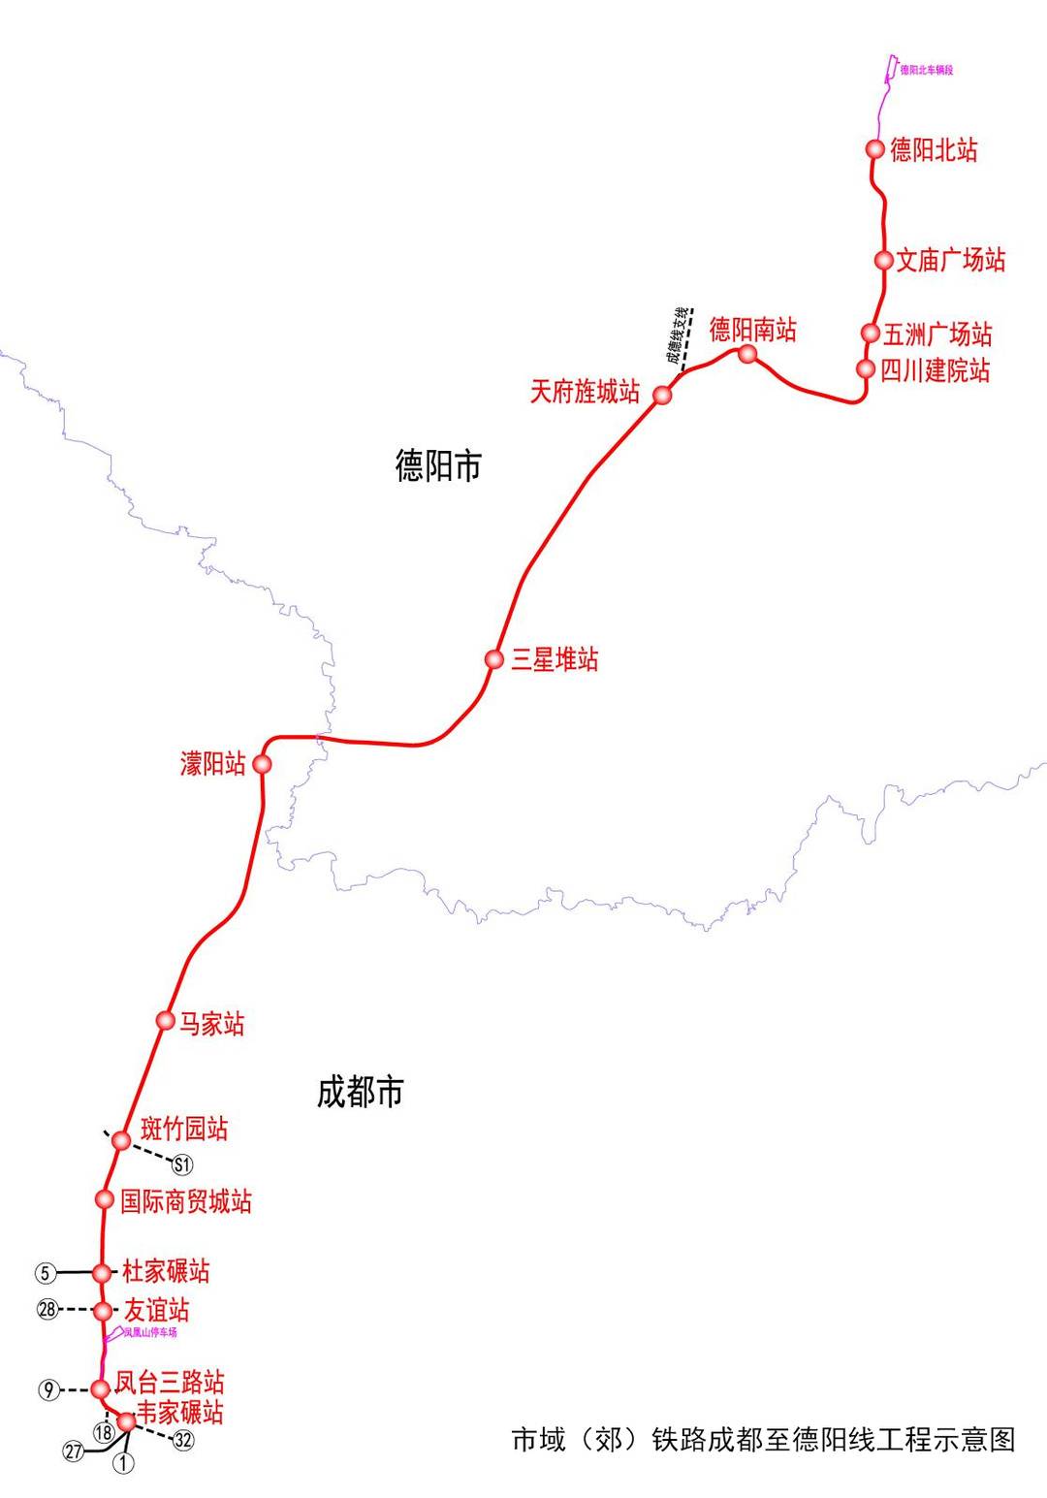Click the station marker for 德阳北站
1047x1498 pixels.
point(874,148)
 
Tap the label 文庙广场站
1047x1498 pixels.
point(950,260)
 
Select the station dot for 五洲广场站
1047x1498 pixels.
point(871,334)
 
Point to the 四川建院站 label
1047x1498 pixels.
point(935,369)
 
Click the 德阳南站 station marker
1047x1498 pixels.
point(747,354)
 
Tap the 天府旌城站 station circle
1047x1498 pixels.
point(662,395)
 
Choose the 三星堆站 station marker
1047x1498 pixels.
point(494,659)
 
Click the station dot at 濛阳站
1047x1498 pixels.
point(261,764)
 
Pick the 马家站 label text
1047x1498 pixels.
point(212,1023)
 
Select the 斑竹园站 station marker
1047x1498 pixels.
point(121,1139)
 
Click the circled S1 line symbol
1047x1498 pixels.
point(182,1164)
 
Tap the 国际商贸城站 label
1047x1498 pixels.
point(185,1201)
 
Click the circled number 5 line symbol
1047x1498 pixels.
point(46,1272)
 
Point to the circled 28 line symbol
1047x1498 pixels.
point(48,1310)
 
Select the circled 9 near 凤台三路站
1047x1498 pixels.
point(48,1389)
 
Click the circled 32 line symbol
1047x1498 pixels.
point(182,1440)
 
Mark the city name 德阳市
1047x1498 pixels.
point(438,466)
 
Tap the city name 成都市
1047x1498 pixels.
point(360,1093)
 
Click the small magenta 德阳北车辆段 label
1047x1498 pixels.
point(926,70)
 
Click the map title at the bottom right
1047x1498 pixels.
point(763,1439)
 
